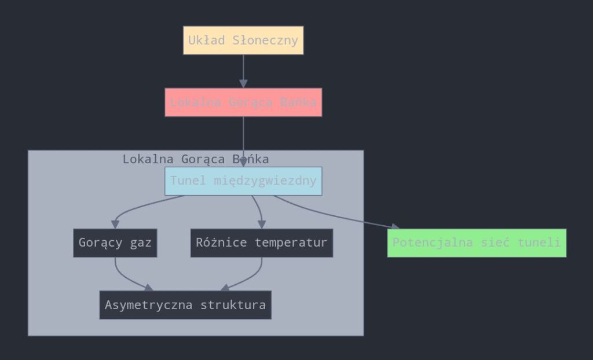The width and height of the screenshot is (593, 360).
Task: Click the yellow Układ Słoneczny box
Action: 243,41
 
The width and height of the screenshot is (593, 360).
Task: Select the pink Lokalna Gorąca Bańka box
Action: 243,102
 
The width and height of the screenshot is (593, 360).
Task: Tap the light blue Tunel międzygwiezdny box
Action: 243,181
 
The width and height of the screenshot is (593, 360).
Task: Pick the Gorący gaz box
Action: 115,243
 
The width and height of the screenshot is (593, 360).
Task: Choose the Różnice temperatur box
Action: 261,243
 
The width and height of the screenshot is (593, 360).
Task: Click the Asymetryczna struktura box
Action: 185,305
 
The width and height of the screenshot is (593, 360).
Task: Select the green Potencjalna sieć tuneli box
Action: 477,243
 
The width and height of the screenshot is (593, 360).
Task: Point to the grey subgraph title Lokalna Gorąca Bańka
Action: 196,159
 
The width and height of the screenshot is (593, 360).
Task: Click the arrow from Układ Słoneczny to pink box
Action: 243,71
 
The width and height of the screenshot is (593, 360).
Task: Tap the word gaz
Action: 141,243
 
